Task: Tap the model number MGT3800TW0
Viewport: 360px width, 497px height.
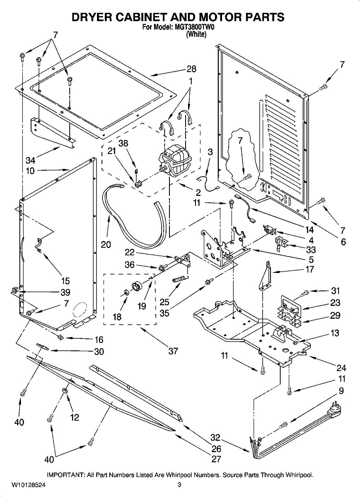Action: click(193, 27)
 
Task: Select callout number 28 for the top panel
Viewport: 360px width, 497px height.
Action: click(191, 69)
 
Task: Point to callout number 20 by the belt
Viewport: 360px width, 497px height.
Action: click(106, 244)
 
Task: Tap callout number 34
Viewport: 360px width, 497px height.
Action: click(30, 160)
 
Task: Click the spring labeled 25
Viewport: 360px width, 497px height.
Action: click(181, 279)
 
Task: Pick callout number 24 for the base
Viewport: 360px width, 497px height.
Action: click(341, 368)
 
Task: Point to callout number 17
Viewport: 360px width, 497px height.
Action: click(309, 269)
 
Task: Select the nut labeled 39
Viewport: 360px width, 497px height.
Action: click(14, 290)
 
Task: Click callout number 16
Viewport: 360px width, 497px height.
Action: click(99, 340)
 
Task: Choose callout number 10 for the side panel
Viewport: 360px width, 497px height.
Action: click(30, 171)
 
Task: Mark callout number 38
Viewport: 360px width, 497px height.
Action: click(123, 143)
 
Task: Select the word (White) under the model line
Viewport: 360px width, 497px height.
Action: click(196, 34)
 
